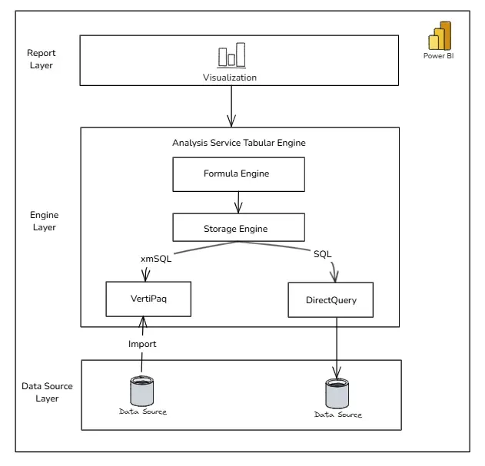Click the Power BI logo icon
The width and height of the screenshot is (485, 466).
click(440, 36)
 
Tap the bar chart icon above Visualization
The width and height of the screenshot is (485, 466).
click(231, 55)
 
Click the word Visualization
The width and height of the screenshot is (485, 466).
click(230, 78)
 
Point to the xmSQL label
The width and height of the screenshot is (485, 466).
click(156, 259)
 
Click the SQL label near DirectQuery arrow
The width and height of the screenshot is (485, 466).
click(322, 254)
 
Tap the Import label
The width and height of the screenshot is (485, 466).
click(142, 344)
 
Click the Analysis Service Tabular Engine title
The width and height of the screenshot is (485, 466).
click(239, 143)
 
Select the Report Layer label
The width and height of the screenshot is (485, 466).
click(42, 59)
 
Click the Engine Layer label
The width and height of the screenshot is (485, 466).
click(45, 221)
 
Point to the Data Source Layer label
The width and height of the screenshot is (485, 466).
click(47, 392)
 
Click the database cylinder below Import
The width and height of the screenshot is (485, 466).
click(142, 391)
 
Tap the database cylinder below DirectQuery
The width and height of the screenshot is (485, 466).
click(337, 394)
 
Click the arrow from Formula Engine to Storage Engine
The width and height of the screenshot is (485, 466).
click(238, 203)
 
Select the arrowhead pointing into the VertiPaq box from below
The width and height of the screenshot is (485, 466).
click(143, 322)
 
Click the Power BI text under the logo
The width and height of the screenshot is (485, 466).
click(439, 56)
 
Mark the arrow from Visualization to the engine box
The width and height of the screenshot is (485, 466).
click(231, 106)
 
